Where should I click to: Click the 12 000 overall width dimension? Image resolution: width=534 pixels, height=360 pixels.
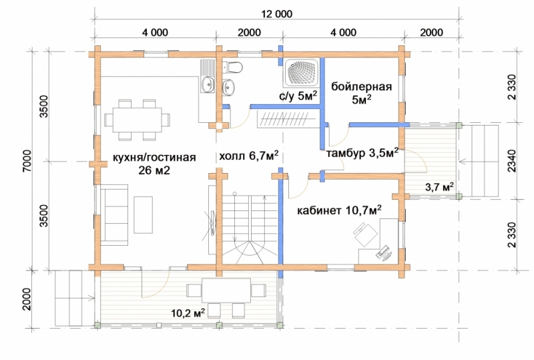click(x=276, y=14)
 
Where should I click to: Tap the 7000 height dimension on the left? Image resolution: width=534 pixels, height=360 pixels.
click(x=28, y=161)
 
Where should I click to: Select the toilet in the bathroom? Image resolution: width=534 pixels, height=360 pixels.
click(x=232, y=67)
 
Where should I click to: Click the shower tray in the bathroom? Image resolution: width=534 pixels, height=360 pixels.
click(x=302, y=72)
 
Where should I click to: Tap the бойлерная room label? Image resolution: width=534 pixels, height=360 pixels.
click(x=361, y=87)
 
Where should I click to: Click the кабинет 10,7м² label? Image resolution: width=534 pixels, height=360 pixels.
click(x=339, y=210)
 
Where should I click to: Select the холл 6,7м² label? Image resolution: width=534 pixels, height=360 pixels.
click(x=248, y=156)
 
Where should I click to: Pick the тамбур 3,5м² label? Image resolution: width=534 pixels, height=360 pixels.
click(x=362, y=153)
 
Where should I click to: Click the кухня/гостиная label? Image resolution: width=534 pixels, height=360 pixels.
click(x=154, y=157)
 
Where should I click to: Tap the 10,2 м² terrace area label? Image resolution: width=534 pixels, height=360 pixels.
click(x=188, y=313)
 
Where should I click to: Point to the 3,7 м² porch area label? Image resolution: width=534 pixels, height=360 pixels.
click(x=439, y=186)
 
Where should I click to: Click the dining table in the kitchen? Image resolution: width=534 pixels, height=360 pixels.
click(x=137, y=120)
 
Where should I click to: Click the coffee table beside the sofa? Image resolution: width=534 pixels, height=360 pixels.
click(x=143, y=214)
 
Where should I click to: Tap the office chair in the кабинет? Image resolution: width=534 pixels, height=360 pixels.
click(x=364, y=234)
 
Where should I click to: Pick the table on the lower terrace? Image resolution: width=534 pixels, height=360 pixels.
click(x=226, y=291)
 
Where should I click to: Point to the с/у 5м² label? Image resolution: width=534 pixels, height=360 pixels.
click(x=298, y=96)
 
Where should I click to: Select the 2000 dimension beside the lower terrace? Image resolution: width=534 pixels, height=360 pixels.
click(x=27, y=299)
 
